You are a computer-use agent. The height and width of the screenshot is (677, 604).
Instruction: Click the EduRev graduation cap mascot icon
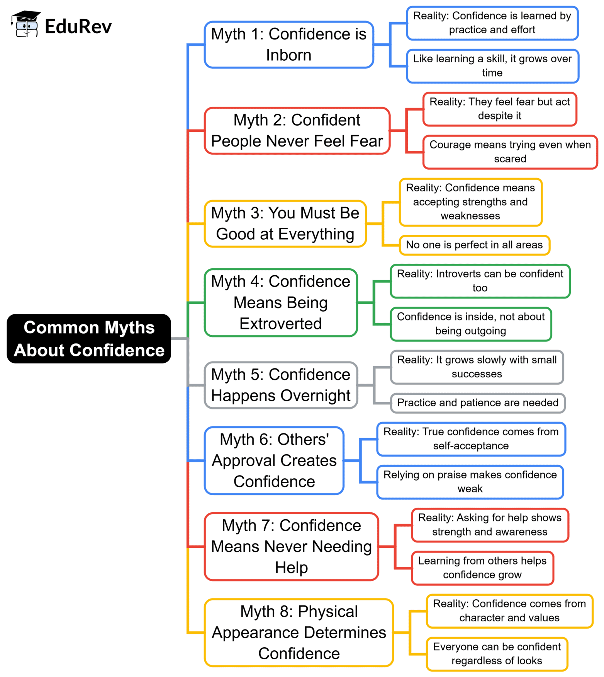pyautogui.click(x=25, y=24)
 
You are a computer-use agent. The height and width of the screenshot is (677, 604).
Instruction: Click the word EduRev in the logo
pyautogui.click(x=78, y=27)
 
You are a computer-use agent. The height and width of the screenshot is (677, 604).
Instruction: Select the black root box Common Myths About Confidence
pyautogui.click(x=89, y=339)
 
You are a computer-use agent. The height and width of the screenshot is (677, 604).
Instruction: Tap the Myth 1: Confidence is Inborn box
pyautogui.click(x=288, y=45)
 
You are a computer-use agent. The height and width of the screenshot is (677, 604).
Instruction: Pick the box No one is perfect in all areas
pyautogui.click(x=474, y=245)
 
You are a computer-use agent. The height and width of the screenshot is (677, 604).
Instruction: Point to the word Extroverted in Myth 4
pyautogui.click(x=280, y=324)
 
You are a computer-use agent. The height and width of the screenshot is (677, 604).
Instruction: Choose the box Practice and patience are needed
pyautogui.click(x=477, y=403)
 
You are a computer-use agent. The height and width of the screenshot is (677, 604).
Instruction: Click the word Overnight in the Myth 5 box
pyautogui.click(x=315, y=396)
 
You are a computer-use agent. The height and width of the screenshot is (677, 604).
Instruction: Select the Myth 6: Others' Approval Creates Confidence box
pyautogui.click(x=274, y=460)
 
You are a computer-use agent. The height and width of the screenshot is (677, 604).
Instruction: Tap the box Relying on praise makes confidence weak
pyautogui.click(x=470, y=482)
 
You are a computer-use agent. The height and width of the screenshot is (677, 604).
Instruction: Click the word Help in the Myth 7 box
pyautogui.click(x=291, y=568)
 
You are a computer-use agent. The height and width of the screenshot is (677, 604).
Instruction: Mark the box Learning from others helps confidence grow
pyautogui.click(x=482, y=568)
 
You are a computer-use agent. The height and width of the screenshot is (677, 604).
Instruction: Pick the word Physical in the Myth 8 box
pyautogui.click(x=327, y=612)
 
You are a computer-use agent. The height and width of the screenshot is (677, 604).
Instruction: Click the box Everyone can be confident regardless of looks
pyautogui.click(x=497, y=654)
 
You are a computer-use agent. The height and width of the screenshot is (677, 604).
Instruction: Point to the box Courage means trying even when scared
pyautogui.click(x=510, y=152)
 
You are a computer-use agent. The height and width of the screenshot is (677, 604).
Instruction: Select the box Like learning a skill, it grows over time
pyautogui.click(x=492, y=66)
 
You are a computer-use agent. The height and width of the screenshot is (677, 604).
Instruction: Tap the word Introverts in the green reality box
pyautogui.click(x=458, y=274)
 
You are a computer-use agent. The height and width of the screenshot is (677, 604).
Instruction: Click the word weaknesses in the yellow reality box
pyautogui.click(x=470, y=216)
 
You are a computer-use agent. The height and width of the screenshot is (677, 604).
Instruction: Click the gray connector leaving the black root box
pyautogui.click(x=179, y=339)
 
